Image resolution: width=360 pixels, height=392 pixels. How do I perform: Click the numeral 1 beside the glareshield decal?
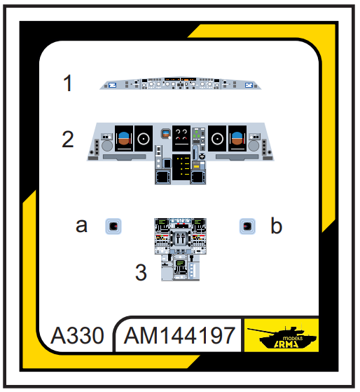pyautogui.click(x=68, y=83)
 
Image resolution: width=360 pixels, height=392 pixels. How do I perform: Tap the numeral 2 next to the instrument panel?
pyautogui.click(x=68, y=139)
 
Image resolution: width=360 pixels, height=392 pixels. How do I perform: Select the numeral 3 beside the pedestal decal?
pyautogui.click(x=141, y=272)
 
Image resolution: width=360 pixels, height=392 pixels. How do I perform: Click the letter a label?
pyautogui.click(x=82, y=226)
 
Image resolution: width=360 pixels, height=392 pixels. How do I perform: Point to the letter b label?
pyautogui.click(x=277, y=225)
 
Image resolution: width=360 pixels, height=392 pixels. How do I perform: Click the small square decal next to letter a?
pyautogui.click(x=113, y=227)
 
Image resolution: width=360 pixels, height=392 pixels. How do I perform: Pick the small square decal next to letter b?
pyautogui.click(x=247, y=227)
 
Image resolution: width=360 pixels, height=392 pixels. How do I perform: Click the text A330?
pyautogui.click(x=77, y=335)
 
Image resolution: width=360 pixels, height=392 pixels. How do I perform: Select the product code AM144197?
pyautogui.click(x=180, y=335)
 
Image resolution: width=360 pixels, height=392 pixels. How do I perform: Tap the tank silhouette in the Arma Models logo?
pyautogui.click(x=282, y=337)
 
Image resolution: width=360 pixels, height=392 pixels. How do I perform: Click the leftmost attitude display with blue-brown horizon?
pyautogui.click(x=124, y=138)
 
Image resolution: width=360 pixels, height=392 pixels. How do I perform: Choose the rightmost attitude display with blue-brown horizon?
pyautogui.click(x=237, y=138)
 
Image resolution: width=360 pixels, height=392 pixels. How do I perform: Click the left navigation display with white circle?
pyautogui.click(x=144, y=138)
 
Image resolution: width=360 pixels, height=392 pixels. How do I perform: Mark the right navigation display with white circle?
pyautogui.click(x=217, y=138)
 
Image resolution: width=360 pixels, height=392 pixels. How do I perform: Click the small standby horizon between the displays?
pyautogui.click(x=166, y=134)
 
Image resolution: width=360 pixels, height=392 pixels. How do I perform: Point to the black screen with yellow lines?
pyautogui.click(x=181, y=167)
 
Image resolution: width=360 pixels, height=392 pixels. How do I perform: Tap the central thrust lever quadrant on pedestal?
pyautogui.click(x=180, y=239)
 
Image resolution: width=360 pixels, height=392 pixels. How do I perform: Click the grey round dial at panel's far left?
pyautogui.click(x=107, y=146)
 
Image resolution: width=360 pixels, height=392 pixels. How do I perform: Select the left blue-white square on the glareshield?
pyautogui.click(x=112, y=86)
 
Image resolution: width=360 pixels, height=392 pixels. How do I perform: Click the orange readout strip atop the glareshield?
pyautogui.click(x=180, y=79)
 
